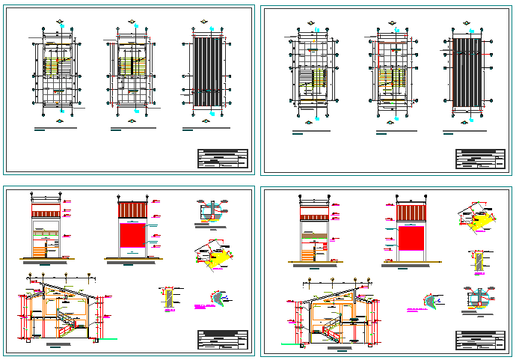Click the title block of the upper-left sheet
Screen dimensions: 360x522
pos(222,159)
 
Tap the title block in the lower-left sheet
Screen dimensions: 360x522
pos(222,339)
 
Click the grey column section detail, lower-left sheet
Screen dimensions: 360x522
pos(170,297)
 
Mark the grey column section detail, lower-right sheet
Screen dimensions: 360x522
pos(477,261)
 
